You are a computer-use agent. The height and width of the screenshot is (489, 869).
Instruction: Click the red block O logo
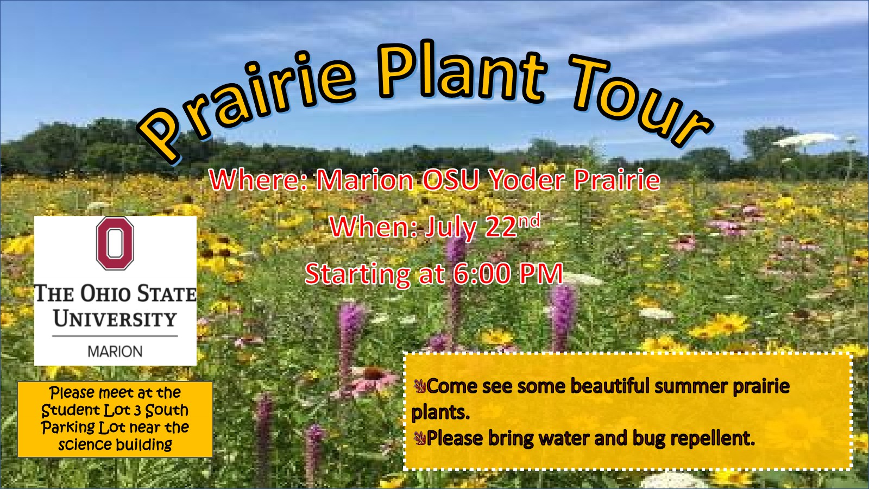tap(115, 243)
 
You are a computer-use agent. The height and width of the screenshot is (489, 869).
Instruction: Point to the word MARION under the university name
tap(115, 352)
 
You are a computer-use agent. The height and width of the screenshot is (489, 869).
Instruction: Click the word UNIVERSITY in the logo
tap(115, 319)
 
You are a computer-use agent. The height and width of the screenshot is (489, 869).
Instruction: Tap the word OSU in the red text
tap(450, 180)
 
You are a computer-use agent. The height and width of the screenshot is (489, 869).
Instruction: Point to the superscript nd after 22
tap(529, 221)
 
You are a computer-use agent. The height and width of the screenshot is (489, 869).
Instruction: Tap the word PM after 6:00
tap(541, 274)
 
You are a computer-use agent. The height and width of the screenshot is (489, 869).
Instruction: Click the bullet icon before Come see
tap(419, 386)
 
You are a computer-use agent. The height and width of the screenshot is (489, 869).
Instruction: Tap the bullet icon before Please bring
tap(419, 438)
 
